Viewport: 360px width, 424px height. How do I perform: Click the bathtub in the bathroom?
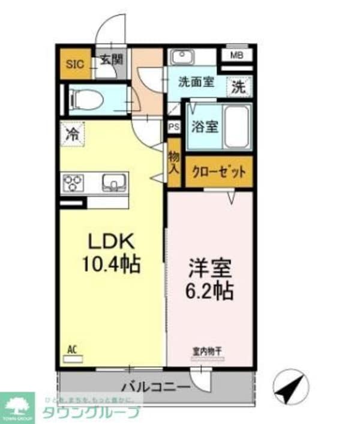click(236, 127)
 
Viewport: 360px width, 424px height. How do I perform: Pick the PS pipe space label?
click(174, 127)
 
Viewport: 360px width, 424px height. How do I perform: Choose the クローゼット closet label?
click(218, 172)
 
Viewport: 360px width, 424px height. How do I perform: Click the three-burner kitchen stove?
click(74, 182)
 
